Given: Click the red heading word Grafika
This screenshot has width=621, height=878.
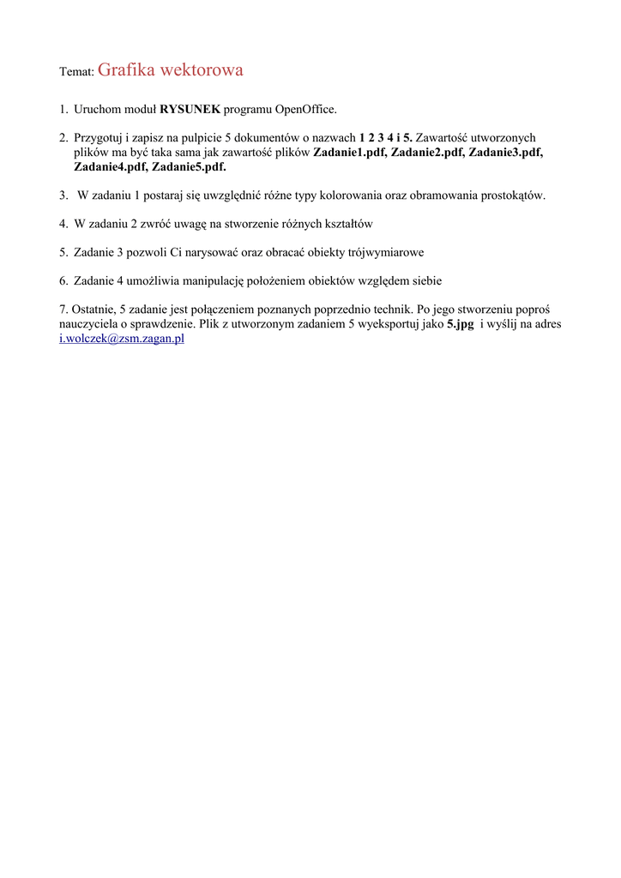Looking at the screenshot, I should [128, 70].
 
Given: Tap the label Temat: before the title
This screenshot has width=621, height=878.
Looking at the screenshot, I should [75, 73].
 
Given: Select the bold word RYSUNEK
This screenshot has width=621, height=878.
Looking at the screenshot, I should [190, 110].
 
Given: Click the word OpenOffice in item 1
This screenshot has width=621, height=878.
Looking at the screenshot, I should [305, 110].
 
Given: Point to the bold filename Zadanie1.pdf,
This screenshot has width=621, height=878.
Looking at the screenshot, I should [350, 153].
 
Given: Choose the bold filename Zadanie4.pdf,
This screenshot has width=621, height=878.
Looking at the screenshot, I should [111, 167].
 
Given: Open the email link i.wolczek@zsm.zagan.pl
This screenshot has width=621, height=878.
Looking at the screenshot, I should [122, 340].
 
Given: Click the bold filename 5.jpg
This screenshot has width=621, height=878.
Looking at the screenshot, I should [461, 325].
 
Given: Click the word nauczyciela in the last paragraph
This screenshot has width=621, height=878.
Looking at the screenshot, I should [89, 325].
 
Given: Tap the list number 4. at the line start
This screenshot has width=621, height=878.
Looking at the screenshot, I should [64, 224].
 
